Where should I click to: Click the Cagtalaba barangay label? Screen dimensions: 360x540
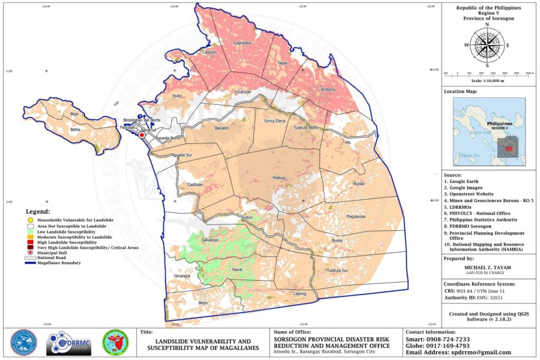(x=242, y=43)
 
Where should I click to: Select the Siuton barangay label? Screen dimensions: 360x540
(x=247, y=217)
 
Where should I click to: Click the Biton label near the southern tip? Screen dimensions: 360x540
(x=203, y=303)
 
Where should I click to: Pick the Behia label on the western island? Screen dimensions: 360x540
(x=75, y=129)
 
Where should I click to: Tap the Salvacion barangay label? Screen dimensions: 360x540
(x=210, y=240)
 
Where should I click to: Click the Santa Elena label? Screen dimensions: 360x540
(x=275, y=121)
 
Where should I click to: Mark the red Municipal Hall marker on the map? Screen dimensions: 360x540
(x=142, y=136)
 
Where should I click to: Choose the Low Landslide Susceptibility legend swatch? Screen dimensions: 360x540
(x=29, y=231)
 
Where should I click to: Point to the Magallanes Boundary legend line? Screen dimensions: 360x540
(x=29, y=263)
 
